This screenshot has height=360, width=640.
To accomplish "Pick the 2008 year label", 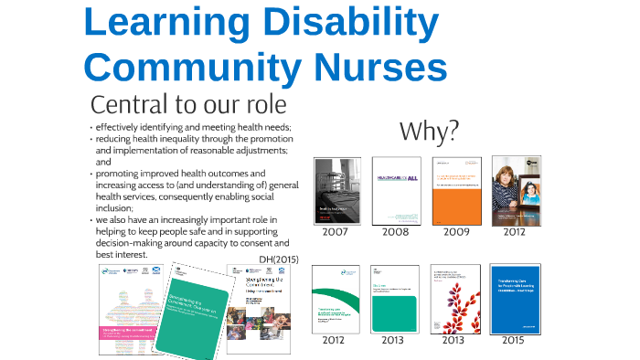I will pyautogui.click(x=396, y=232).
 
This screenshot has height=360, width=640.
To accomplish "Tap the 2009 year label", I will pyautogui.click(x=456, y=232).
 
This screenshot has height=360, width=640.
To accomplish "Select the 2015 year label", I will pyautogui.click(x=514, y=340).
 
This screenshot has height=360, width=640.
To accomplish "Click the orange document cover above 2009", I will pyautogui.click(x=456, y=191).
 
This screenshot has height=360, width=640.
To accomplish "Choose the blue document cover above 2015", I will pyautogui.click(x=515, y=299).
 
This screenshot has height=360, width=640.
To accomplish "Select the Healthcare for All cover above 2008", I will pyautogui.click(x=396, y=191).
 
